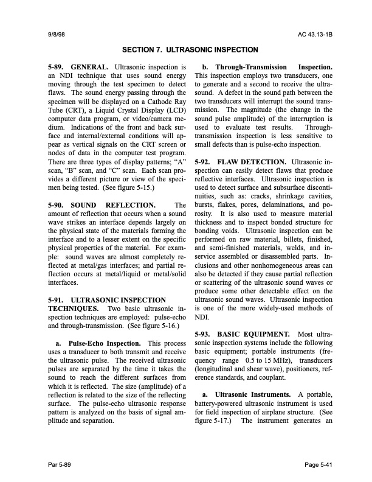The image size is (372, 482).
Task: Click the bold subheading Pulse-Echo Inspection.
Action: tap(104, 343)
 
